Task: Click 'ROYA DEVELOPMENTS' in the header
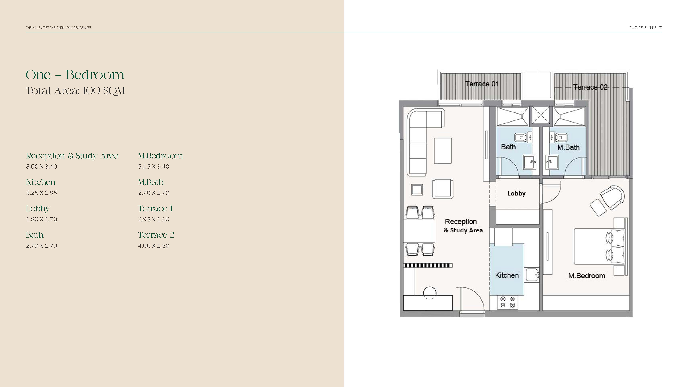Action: (646, 27)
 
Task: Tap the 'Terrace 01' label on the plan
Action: (482, 84)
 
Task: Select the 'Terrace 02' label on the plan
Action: (590, 87)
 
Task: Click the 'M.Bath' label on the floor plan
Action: (568, 147)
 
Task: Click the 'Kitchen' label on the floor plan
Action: (507, 275)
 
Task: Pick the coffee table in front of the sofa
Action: (443, 151)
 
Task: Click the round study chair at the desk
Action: (430, 293)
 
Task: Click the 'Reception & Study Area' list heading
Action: (72, 156)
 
